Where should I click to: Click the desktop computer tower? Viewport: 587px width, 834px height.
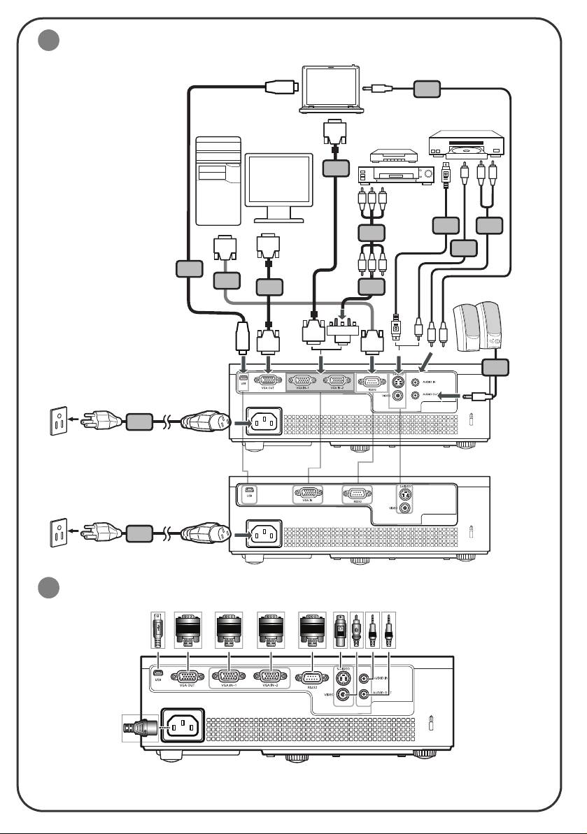click(218, 180)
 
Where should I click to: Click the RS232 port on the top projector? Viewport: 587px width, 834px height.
click(371, 381)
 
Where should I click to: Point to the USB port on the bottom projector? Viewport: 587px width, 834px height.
click(158, 675)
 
